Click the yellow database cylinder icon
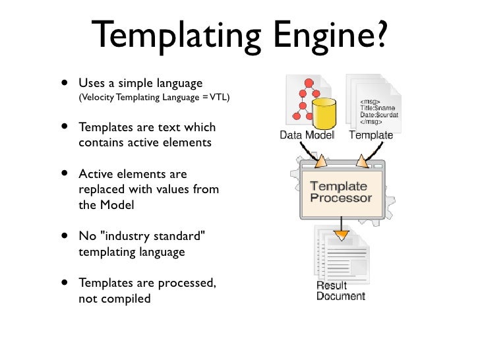point(324,113)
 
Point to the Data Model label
point(307,136)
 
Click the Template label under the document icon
point(371,136)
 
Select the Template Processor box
point(341,192)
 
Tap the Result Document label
point(340,291)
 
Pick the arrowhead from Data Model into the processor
point(320,162)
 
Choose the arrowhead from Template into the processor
point(361,162)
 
